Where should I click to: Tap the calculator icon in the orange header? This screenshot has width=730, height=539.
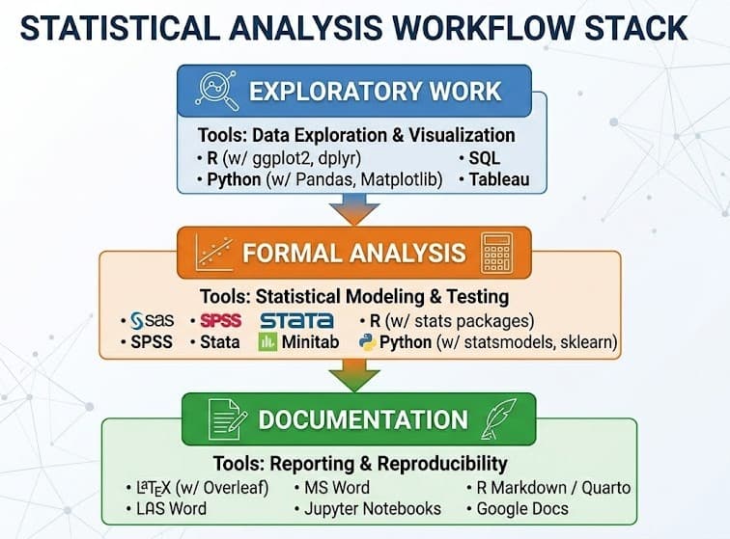click(x=497, y=253)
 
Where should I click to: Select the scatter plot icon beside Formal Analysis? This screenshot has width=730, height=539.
click(x=214, y=253)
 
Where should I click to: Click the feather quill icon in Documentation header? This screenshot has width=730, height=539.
click(x=499, y=419)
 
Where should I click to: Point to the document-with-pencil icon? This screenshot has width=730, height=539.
click(x=227, y=419)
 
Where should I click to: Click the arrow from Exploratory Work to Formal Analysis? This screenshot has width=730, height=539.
click(x=354, y=209)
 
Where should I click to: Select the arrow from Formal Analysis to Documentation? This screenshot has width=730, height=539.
click(x=354, y=375)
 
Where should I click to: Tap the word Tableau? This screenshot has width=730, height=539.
click(x=499, y=179)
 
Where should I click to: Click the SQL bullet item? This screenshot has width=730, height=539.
click(x=480, y=158)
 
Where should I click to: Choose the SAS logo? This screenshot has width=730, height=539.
click(x=152, y=320)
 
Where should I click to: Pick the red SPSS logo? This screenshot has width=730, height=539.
click(x=221, y=320)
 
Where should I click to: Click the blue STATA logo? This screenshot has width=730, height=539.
click(x=297, y=320)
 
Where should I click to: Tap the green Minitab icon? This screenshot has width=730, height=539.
click(x=267, y=341)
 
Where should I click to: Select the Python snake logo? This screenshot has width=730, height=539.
click(x=367, y=341)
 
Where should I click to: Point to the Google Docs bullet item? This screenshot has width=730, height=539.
click(x=518, y=509)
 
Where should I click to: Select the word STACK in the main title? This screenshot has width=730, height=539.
click(x=636, y=28)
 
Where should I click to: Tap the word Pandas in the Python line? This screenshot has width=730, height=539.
click(x=325, y=179)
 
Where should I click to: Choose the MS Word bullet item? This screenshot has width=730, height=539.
click(x=332, y=488)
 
